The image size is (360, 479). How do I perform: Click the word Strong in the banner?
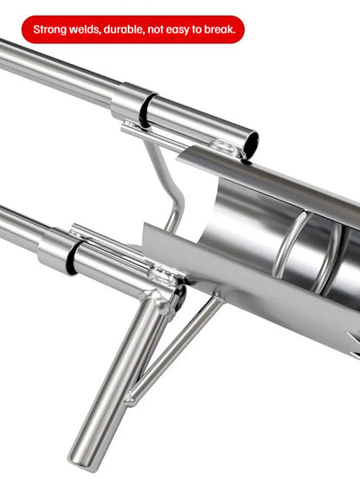(50, 29)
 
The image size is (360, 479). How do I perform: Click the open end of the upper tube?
(251, 143)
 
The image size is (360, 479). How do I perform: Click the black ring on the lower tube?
(72, 257)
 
